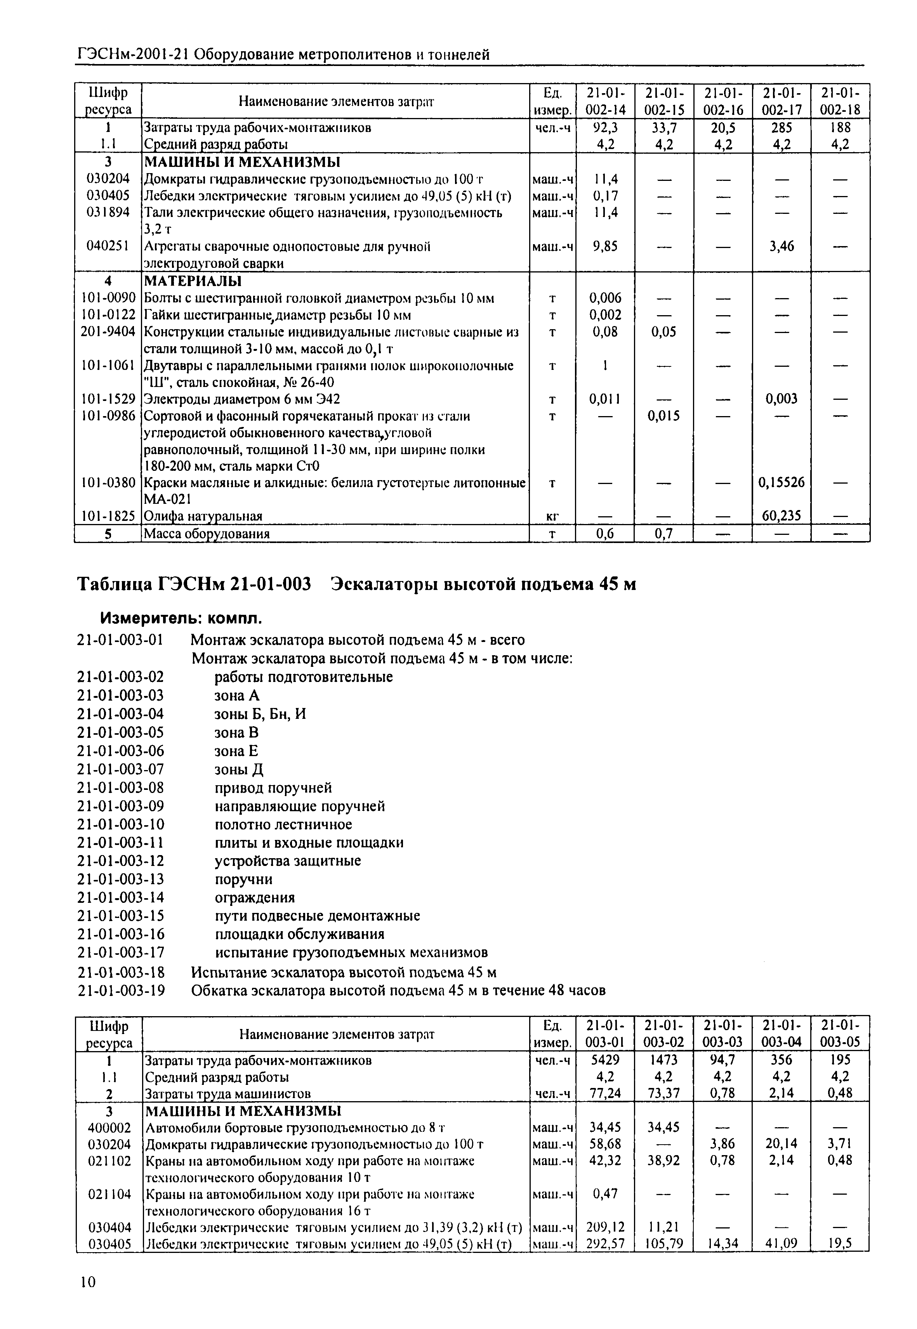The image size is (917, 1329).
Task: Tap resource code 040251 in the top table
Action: point(108,246)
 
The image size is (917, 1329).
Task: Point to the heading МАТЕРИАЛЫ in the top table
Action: point(193,281)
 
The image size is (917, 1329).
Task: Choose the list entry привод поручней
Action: point(273,788)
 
